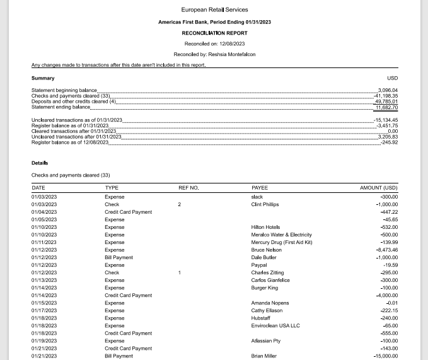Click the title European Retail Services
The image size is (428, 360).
coord(214,9)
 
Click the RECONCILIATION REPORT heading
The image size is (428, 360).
coord(214,33)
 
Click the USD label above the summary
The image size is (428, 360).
coord(392,78)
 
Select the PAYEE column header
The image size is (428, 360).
coord(260,188)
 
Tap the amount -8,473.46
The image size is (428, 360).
coord(386,250)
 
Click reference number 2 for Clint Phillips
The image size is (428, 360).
coord(179,204)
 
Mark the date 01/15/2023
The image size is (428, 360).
coord(44,303)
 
